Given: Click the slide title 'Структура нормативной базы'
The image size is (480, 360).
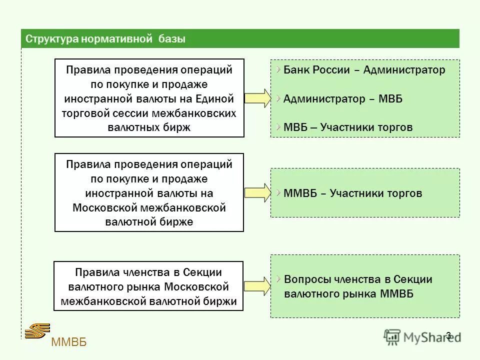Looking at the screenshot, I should [105, 39].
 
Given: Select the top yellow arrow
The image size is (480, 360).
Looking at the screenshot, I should [257, 98].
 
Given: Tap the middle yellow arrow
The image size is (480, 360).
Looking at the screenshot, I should [257, 192].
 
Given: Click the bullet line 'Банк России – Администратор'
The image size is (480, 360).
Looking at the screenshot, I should [364, 70].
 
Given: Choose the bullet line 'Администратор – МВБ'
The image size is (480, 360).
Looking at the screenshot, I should [342, 99].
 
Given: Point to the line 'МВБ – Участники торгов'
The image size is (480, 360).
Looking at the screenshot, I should [348, 127].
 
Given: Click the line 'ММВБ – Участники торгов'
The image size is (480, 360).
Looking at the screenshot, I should [352, 193].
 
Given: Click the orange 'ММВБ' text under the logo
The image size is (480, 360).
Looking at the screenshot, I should [68, 343].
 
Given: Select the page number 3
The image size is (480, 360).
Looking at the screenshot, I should [448, 335].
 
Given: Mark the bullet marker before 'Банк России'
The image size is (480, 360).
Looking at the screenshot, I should [277, 68].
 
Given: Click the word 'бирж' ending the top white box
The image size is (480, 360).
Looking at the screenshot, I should [177, 127].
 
